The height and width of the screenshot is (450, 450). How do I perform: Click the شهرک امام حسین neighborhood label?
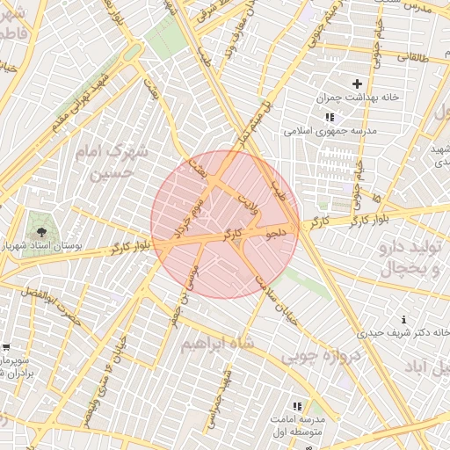click(112, 163)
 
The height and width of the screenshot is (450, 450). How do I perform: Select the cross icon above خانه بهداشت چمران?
click(357, 83)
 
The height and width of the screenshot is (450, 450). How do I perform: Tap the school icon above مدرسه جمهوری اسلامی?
click(329, 116)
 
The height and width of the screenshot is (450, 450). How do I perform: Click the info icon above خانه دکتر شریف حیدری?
click(403, 319)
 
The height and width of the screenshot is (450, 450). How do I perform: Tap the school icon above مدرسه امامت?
click(297, 406)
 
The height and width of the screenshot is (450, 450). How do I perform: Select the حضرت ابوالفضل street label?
click(48, 301)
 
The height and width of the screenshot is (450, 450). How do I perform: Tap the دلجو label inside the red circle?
click(276, 235)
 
